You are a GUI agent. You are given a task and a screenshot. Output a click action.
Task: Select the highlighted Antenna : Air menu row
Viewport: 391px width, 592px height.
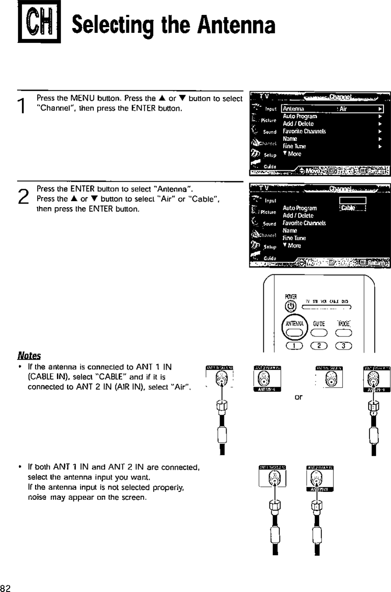pos(333,109)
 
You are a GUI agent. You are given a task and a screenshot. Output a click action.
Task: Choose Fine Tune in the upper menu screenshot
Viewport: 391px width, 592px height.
pos(294,146)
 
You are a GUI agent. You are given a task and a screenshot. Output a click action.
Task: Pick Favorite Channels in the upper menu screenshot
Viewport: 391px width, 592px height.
pos(304,131)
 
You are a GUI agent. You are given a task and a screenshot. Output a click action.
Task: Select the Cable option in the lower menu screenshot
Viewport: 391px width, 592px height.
pos(350,208)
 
